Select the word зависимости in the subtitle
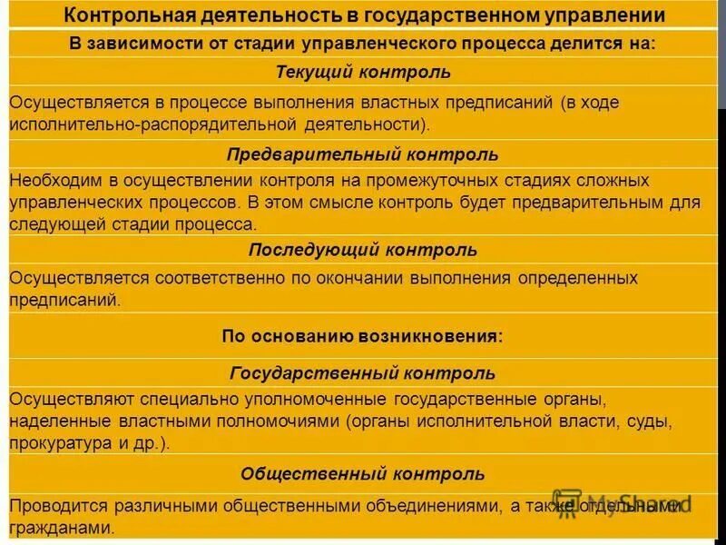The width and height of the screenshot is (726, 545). (x=142, y=44)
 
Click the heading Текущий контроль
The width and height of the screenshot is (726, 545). (x=363, y=72)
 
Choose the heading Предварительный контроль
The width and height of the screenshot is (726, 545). (x=363, y=154)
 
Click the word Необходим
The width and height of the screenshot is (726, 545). (x=49, y=181)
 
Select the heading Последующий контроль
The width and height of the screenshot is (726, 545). (x=363, y=250)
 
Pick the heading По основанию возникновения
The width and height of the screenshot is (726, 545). (x=363, y=335)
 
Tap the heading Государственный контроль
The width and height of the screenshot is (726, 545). (x=363, y=373)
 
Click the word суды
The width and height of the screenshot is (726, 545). (x=653, y=422)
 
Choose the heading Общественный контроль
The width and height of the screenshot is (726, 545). (x=363, y=474)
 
